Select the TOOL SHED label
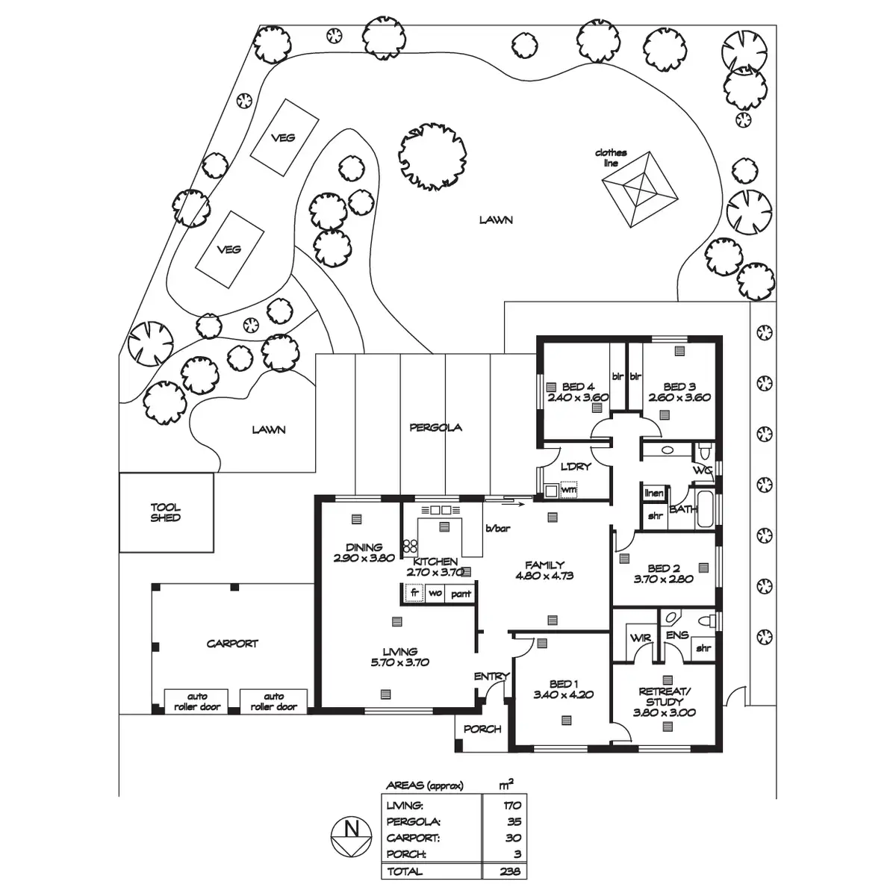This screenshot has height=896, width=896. (x=165, y=512)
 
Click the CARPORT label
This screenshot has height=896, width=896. (x=232, y=643)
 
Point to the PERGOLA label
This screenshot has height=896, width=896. (x=436, y=428)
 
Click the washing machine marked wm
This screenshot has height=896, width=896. (x=568, y=491)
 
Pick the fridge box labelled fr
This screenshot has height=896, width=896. (x=413, y=594)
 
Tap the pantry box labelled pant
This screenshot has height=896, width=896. (x=461, y=594)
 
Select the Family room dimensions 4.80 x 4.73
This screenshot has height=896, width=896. (x=544, y=576)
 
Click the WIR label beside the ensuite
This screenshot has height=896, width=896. (x=641, y=638)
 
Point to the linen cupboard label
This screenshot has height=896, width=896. (x=654, y=494)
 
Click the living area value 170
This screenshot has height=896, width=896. (x=511, y=806)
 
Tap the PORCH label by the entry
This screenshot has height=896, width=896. (x=482, y=729)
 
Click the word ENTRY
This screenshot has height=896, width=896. (x=491, y=676)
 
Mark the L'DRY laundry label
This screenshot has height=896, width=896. (x=576, y=467)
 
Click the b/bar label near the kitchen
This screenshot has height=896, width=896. (x=497, y=529)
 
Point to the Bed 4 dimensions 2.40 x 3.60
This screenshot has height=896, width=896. (x=578, y=397)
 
